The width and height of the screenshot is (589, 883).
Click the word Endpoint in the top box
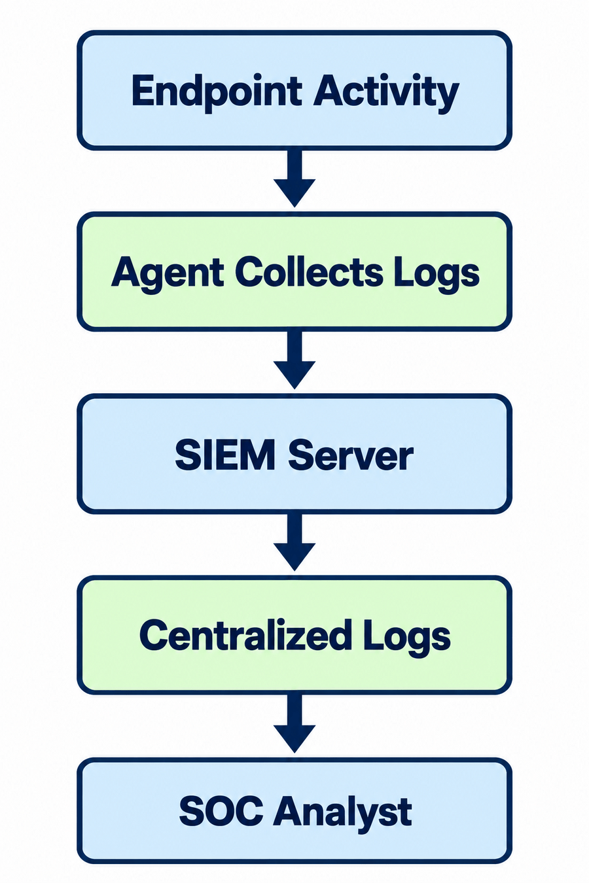click(x=217, y=91)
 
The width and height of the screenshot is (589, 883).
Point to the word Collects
click(x=309, y=272)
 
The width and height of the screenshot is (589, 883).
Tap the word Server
click(x=351, y=455)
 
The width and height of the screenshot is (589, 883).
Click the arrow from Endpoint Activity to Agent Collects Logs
click(x=294, y=178)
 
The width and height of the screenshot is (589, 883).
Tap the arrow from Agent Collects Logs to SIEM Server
click(x=294, y=360)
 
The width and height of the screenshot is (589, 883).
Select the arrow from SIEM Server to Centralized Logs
click(x=294, y=542)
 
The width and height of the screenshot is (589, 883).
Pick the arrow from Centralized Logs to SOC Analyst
click(x=294, y=724)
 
